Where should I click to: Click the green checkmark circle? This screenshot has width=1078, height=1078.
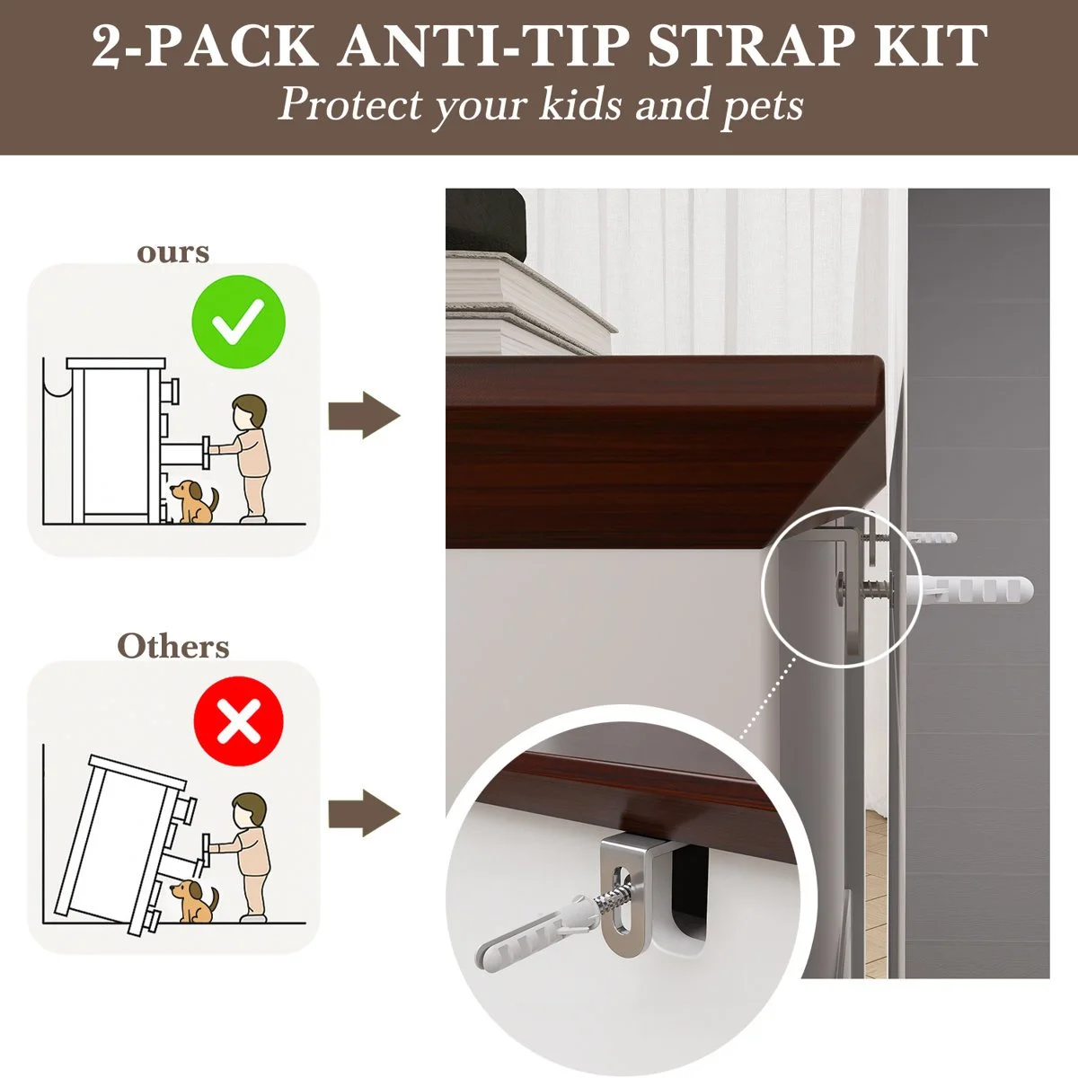point(238,322)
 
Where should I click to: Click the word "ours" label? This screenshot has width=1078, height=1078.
point(172,252)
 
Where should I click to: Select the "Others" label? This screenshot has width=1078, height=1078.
point(173,646)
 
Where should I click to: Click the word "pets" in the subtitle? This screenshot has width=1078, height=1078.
point(763,106)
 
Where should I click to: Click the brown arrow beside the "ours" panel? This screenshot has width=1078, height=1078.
point(364,415)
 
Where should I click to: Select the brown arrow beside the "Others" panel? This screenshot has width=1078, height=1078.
point(364,813)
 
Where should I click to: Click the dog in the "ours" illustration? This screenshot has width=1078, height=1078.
point(195,502)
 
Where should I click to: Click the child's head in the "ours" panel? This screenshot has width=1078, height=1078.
point(250,412)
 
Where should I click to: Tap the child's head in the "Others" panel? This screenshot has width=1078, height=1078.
point(250,810)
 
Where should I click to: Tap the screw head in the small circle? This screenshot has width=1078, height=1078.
point(842,588)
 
